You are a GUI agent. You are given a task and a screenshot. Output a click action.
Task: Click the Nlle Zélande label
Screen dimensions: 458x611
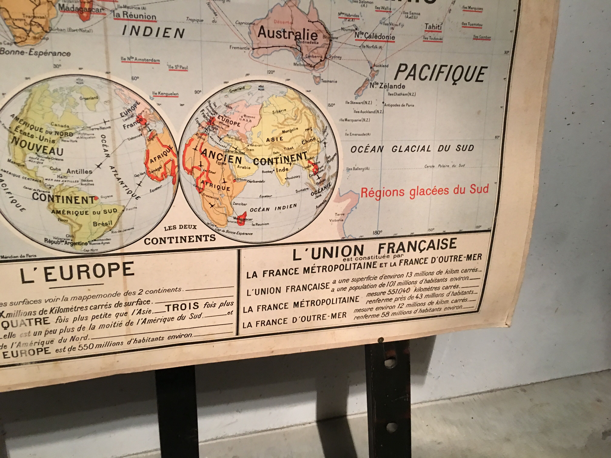[387, 86]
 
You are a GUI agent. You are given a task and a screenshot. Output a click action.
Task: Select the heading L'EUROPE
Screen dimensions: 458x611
[77, 272]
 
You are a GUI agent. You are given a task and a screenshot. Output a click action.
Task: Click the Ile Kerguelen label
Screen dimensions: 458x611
[165, 94]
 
